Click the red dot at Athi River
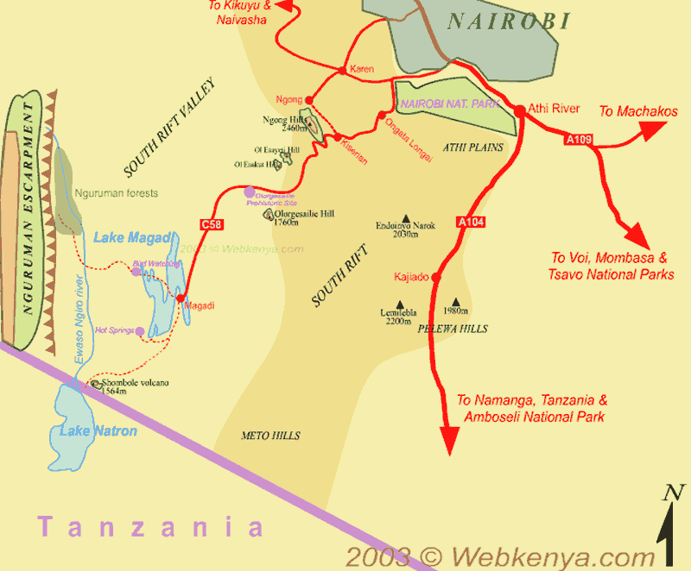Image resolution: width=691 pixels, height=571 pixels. [x=520, y=110]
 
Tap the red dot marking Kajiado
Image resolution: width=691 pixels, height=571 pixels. [x=435, y=277]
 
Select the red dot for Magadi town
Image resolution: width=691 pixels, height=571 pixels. [x=181, y=298]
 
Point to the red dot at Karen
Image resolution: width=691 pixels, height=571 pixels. [x=343, y=70]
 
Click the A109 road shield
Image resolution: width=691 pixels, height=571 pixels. [x=578, y=138]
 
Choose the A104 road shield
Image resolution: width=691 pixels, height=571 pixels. [x=471, y=223]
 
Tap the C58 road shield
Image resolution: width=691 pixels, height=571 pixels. [x=211, y=224]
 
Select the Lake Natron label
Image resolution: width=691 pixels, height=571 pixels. [x=98, y=430]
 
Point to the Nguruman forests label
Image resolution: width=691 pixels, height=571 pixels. [x=116, y=193]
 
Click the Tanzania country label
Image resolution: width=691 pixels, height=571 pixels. [x=149, y=525]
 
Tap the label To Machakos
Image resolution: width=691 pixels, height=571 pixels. [x=638, y=110]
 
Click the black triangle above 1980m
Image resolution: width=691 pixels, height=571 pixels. [x=455, y=302]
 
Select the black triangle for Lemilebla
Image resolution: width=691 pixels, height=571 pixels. [x=399, y=303]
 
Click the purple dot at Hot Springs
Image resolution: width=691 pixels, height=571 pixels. [x=139, y=330]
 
